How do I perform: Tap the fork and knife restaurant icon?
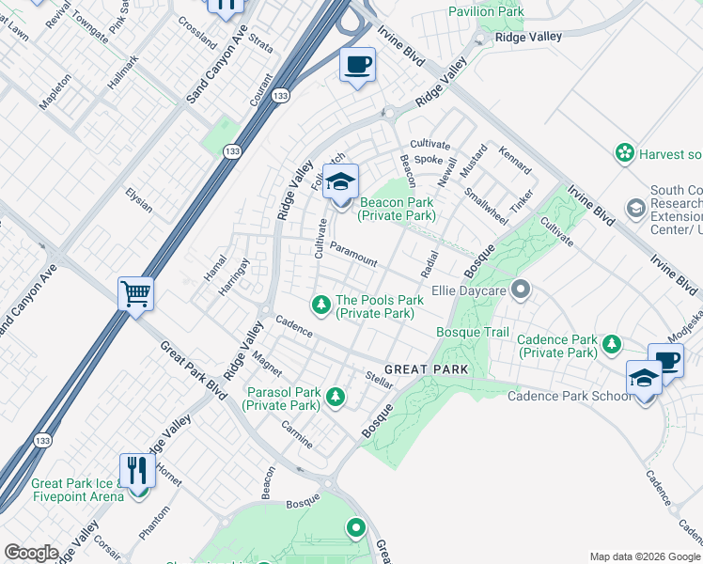point(137,470)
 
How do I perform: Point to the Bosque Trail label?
point(473,333)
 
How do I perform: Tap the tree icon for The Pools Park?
point(321,303)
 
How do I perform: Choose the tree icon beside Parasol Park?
point(336,398)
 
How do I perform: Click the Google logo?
point(31,553)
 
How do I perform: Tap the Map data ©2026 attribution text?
point(644,556)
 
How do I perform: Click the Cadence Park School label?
point(570,396)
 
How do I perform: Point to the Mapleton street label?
point(55,91)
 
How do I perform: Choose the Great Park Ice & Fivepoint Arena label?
point(77,490)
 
